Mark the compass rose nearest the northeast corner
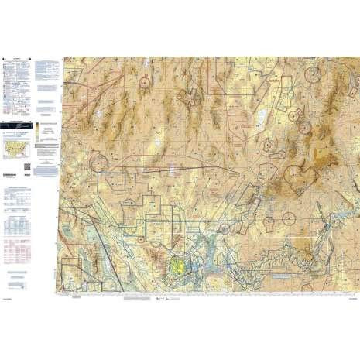312,74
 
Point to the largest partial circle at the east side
297,176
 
